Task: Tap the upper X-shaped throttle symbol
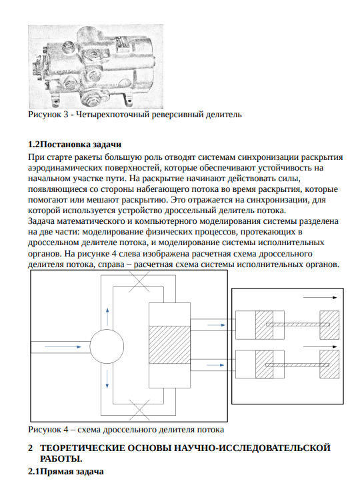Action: pyautogui.click(x=139, y=281)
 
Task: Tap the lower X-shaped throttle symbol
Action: pyautogui.click(x=139, y=409)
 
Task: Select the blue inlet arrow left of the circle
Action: pyautogui.click(x=63, y=346)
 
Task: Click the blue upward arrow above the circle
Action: pyautogui.click(x=107, y=316)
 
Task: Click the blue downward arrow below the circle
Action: pyautogui.click(x=107, y=379)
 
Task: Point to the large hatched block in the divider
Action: pyautogui.click(x=169, y=344)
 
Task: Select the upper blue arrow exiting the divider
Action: pyautogui.click(x=216, y=325)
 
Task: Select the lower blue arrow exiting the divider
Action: pyautogui.click(x=215, y=365)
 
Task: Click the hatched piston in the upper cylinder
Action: pyautogui.click(x=264, y=325)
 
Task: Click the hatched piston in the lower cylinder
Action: pyautogui.click(x=264, y=364)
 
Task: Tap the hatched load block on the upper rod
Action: pyautogui.click(x=329, y=325)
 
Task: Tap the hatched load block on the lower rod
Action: pyautogui.click(x=329, y=364)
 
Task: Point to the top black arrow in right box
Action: pyautogui.click(x=320, y=297)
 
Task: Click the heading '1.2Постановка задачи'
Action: pyautogui.click(x=75, y=145)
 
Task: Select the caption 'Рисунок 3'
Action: pyautogui.click(x=48, y=115)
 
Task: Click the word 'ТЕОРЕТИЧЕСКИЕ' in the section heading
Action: pyautogui.click(x=83, y=448)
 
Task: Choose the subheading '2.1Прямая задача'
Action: pyautogui.click(x=66, y=471)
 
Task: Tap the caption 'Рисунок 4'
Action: pyautogui.click(x=48, y=429)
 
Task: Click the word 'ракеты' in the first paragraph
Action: pyautogui.click(x=90, y=157)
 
